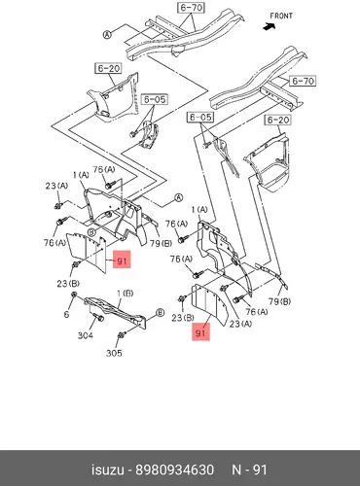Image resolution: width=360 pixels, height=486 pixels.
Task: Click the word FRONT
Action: click(x=281, y=16)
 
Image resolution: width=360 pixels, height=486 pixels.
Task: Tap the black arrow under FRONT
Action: click(x=270, y=27)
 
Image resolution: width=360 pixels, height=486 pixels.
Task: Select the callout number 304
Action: click(x=86, y=335)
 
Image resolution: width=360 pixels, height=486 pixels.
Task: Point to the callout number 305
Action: click(x=114, y=353)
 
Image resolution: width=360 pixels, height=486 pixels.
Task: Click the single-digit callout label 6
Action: click(x=66, y=314)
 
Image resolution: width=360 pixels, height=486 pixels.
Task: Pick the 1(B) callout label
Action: click(x=125, y=294)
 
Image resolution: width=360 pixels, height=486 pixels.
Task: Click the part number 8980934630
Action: click(x=174, y=469)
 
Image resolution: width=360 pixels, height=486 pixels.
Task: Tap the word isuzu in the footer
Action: click(x=108, y=469)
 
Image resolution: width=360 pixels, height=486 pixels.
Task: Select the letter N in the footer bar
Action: click(x=236, y=469)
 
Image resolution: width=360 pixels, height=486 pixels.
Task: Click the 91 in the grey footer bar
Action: click(x=260, y=469)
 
